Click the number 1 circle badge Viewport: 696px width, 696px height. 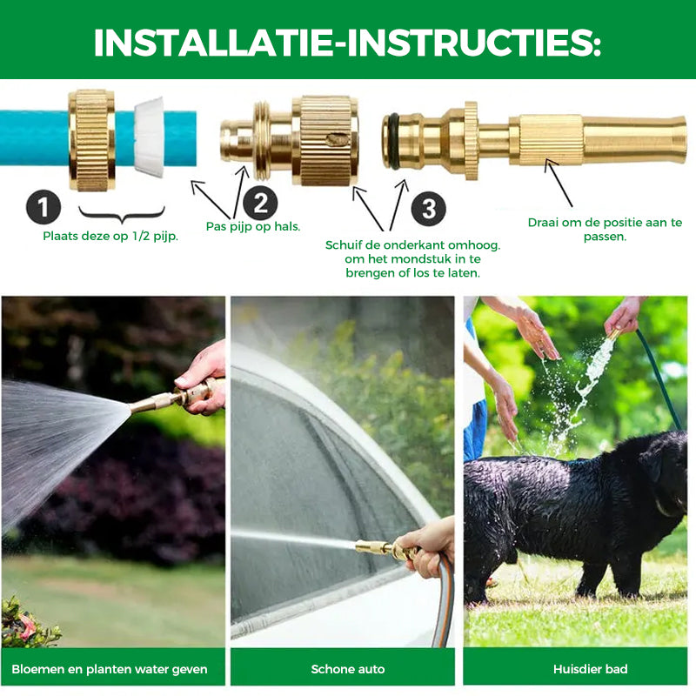(x=43, y=207)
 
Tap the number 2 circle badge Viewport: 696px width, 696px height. (x=260, y=203)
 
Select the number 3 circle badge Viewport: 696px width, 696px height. (x=428, y=209)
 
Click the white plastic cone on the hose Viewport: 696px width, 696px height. (x=149, y=137)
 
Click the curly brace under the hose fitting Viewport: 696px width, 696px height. (x=122, y=215)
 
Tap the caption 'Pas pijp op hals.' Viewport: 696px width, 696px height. (x=253, y=226)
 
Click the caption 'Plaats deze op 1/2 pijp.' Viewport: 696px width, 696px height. (x=110, y=236)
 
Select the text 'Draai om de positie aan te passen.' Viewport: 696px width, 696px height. (x=605, y=229)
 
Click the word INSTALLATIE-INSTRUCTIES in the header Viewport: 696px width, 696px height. (x=347, y=43)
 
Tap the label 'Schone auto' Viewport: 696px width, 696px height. (x=347, y=669)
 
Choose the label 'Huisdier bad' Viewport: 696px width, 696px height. (x=591, y=669)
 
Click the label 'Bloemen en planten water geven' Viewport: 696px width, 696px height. (x=110, y=669)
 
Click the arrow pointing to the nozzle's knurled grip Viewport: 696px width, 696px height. (x=559, y=183)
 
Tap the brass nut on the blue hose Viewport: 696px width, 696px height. (x=92, y=140)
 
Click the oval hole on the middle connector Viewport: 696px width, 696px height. (x=334, y=139)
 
